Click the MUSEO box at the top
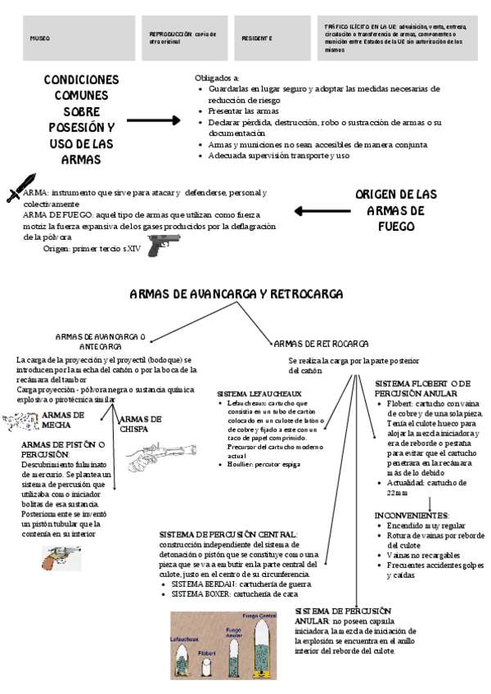pyautogui.click(x=68, y=38)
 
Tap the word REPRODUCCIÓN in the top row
pyautogui.click(x=170, y=34)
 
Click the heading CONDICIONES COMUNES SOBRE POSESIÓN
pyautogui.click(x=80, y=119)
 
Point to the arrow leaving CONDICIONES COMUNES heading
pyautogui.click(x=153, y=120)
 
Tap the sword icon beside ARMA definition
pyautogui.click(x=20, y=187)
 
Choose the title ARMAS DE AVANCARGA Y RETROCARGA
pyautogui.click(x=236, y=294)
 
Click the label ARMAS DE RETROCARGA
pyautogui.click(x=321, y=344)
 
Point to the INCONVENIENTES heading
pyautogui.click(x=412, y=515)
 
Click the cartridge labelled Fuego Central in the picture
pyautogui.click(x=261, y=642)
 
